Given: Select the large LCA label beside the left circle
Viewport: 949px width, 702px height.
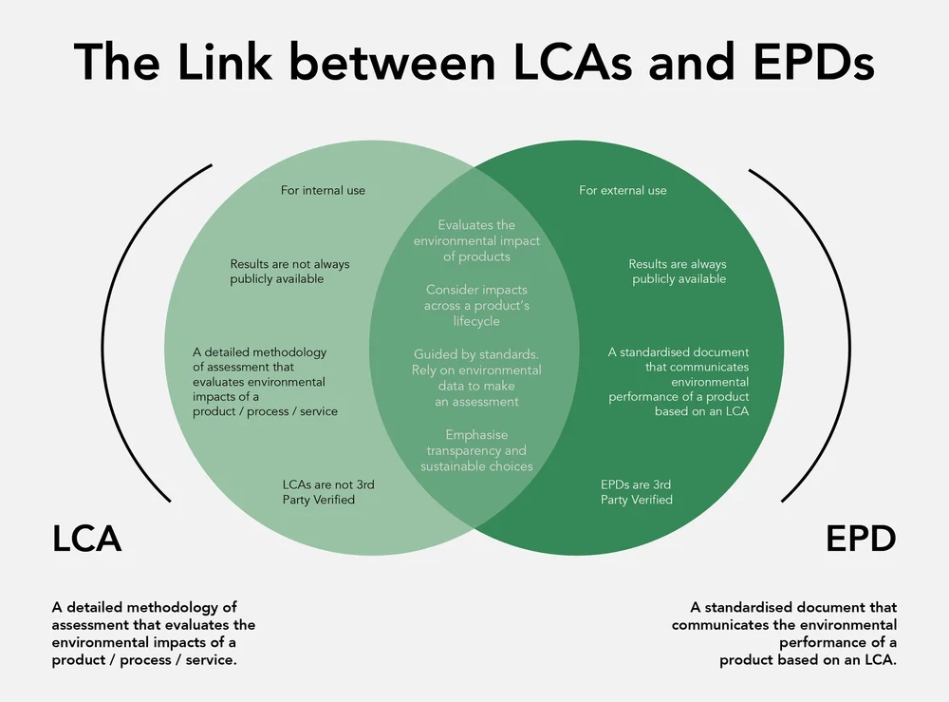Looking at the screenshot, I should tap(86, 539).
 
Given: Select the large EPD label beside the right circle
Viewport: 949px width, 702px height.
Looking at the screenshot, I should tap(861, 539).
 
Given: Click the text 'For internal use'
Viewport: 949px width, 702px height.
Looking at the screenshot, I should tap(323, 190).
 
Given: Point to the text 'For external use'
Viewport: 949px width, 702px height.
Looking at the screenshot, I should tap(623, 190).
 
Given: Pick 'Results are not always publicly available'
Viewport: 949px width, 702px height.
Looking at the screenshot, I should tap(289, 272).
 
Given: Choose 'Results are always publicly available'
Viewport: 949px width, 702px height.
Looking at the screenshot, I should tap(679, 272).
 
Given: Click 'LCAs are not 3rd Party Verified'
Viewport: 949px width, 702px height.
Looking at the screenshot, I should tap(328, 492).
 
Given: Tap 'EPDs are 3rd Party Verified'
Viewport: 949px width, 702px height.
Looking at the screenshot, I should tap(637, 492).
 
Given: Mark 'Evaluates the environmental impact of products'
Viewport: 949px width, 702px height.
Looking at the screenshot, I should tap(476, 240).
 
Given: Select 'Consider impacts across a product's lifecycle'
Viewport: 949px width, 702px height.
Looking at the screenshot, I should tap(476, 305).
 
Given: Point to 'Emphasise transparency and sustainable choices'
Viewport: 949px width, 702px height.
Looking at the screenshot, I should tap(476, 450).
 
